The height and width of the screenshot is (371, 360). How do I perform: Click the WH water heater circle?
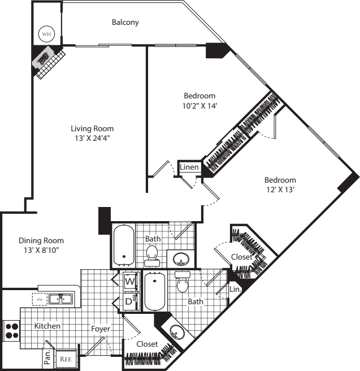tap(46, 34)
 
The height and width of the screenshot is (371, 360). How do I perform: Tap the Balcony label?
tap(125, 22)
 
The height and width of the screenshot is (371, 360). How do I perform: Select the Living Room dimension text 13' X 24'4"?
tap(93, 138)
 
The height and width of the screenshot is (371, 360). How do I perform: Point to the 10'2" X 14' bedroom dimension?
tap(199, 106)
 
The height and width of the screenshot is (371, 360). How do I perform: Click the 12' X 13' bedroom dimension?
tap(280, 190)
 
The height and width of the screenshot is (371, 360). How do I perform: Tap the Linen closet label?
tap(189, 167)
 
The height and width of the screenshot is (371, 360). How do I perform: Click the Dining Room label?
tap(41, 240)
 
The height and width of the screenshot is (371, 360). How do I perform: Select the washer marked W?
tap(130, 281)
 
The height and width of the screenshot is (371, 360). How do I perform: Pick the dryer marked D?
tap(130, 301)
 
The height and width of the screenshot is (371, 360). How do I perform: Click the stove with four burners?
tap(11, 331)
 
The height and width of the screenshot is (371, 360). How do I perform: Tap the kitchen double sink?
tap(61, 299)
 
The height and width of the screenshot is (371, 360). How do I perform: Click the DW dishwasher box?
tap(40, 300)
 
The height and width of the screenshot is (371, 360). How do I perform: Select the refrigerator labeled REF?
tap(66, 359)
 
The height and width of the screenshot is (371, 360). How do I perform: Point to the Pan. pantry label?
tap(47, 357)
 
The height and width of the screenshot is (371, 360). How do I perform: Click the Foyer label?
tap(101, 329)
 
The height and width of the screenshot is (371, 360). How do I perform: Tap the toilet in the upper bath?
tap(152, 256)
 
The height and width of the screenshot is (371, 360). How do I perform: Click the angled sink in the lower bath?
tap(177, 331)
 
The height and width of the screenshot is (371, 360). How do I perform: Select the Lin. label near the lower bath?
tap(235, 289)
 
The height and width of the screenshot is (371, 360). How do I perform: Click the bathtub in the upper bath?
tap(124, 245)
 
